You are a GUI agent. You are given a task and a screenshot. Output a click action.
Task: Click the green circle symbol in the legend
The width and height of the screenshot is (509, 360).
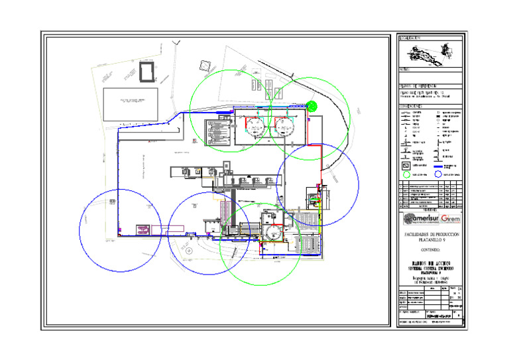tap(406, 174)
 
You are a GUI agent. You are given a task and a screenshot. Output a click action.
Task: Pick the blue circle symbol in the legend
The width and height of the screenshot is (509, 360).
tap(437, 174)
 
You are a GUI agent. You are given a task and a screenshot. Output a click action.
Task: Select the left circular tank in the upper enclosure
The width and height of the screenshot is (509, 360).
tap(253, 126)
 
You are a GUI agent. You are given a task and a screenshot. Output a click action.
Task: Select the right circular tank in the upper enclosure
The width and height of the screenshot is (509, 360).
tap(284, 126)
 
